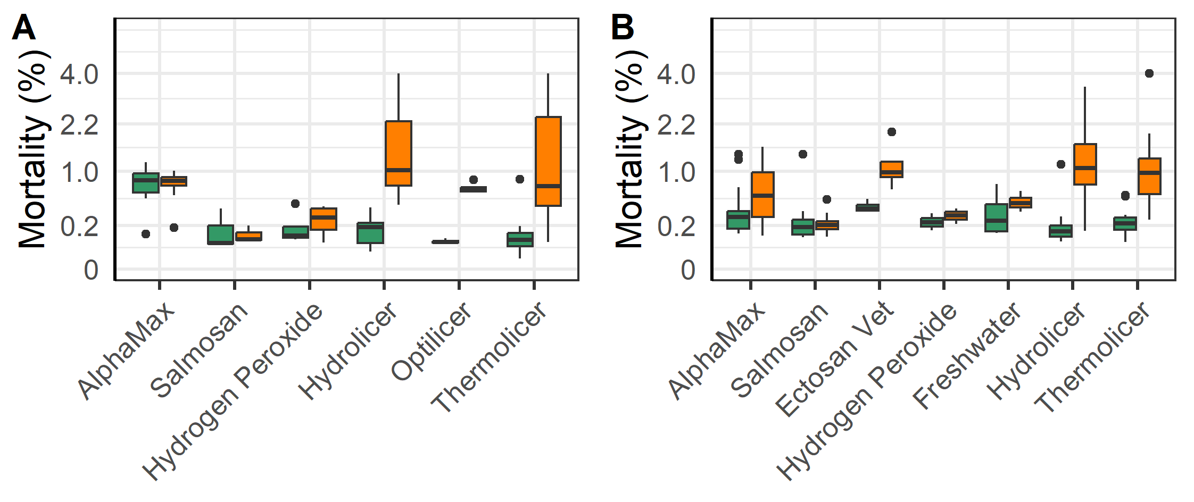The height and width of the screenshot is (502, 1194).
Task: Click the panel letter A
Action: coord(23,28)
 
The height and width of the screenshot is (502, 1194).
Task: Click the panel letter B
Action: coord(622,28)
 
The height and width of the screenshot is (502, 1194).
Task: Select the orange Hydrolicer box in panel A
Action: coord(399,153)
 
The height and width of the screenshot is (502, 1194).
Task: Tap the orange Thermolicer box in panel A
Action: coord(548,161)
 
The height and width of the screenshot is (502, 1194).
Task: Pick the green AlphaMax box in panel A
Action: coord(146,183)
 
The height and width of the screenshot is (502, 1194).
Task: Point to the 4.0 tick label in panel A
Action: coord(79,74)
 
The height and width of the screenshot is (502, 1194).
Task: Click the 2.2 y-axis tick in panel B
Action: coord(676,125)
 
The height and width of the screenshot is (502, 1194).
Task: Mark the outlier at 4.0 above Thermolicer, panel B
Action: coord(1149,73)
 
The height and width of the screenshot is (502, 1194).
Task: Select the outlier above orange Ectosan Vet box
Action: coord(892,132)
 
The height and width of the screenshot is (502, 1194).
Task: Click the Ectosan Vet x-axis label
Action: coord(835,359)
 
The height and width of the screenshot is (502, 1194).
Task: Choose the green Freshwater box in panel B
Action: coord(996,218)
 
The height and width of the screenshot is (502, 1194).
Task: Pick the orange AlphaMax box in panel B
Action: coord(762,195)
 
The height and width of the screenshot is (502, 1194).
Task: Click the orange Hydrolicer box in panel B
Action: coord(1085,164)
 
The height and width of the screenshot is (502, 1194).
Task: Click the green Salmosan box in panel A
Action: coord(220,235)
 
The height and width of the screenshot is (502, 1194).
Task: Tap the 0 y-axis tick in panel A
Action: coord(91,271)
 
